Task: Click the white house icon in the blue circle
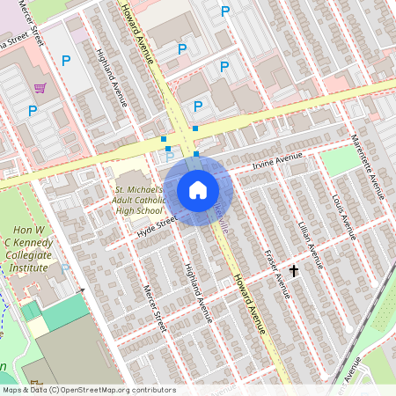pos(198,190)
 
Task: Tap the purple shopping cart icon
pos(40,87)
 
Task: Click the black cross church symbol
pos(294,272)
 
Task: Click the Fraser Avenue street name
pos(277,273)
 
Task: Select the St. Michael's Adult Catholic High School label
pos(139,200)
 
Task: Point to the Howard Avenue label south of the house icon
pos(250,304)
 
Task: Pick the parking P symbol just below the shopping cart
pos(33,110)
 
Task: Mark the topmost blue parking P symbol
pos(224,11)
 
